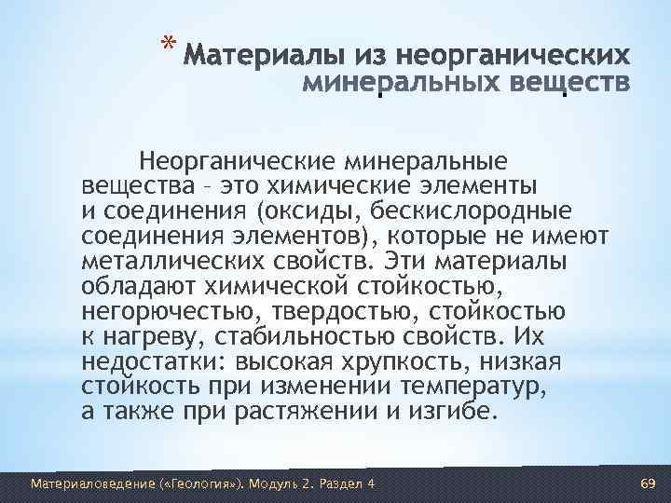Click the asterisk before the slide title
click(167, 45)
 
